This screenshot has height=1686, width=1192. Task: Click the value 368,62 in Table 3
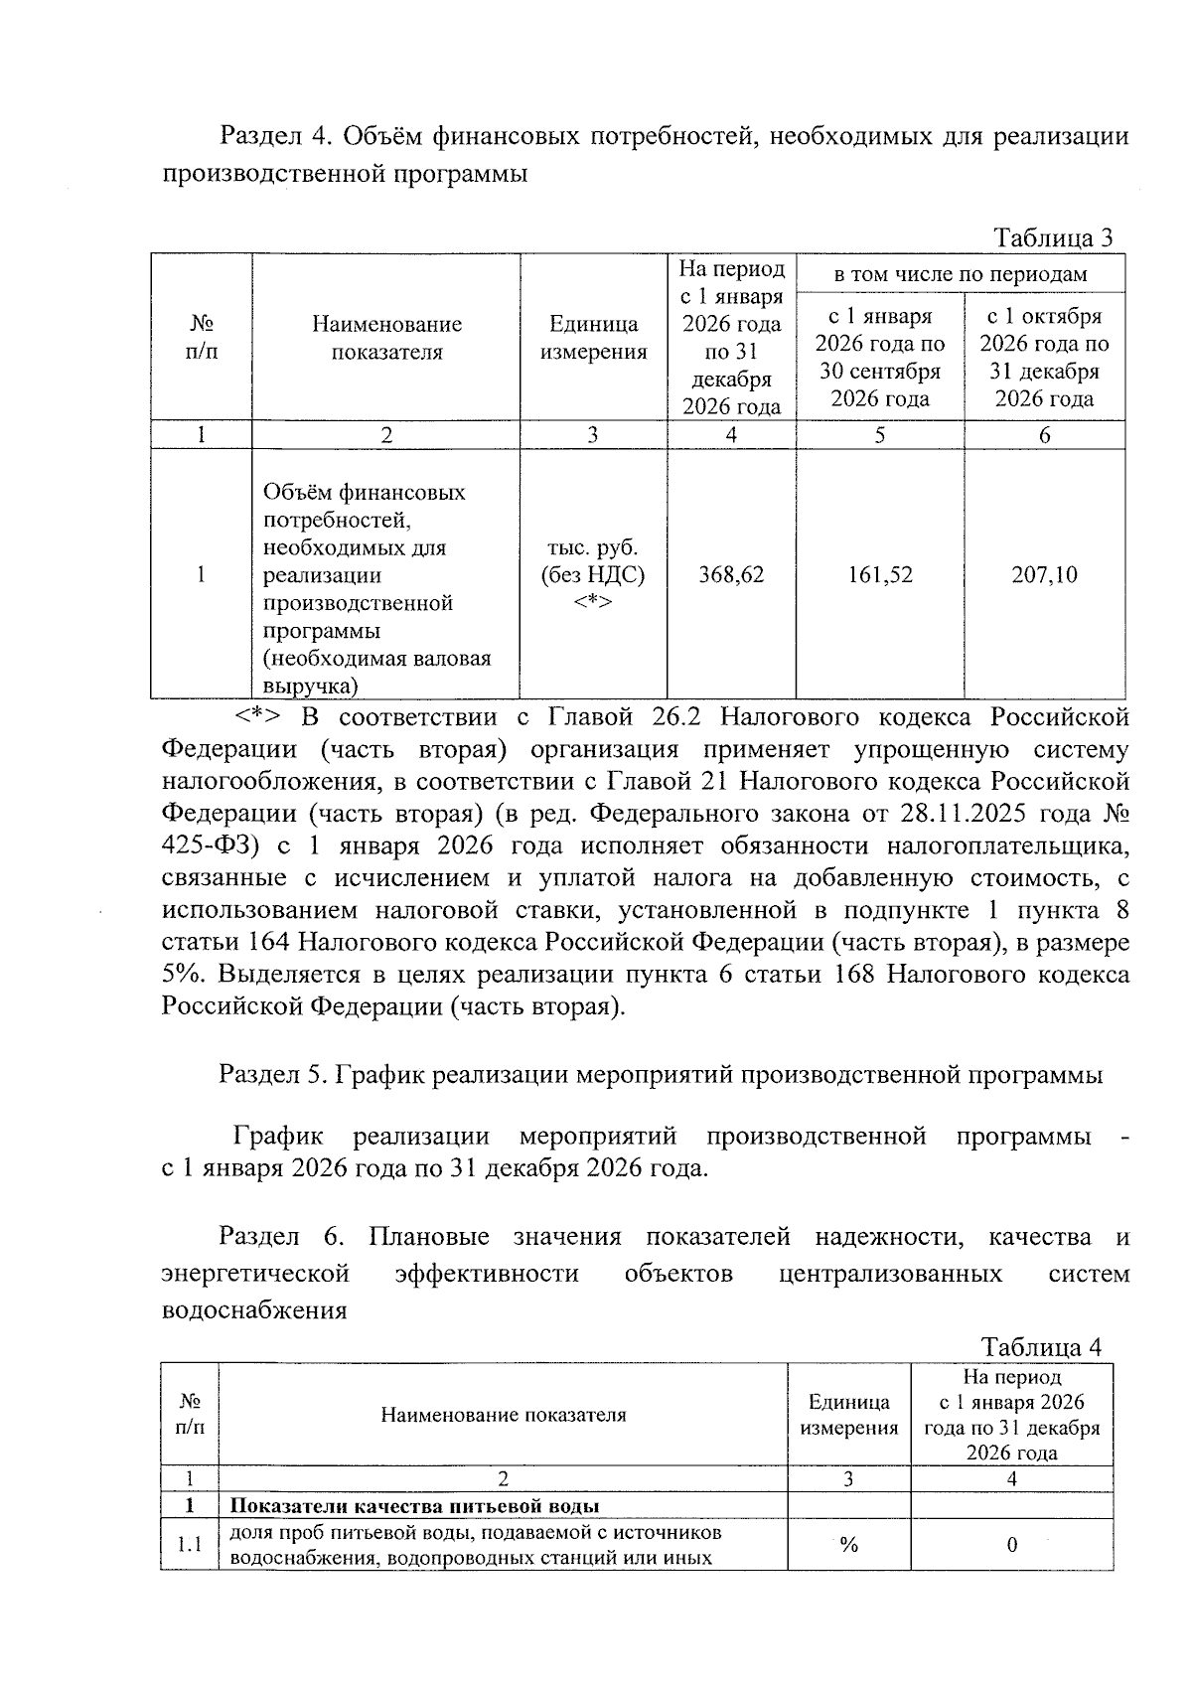pos(731,574)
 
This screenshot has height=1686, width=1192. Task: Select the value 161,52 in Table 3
pos(879,574)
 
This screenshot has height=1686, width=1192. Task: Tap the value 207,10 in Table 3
pos(1044,574)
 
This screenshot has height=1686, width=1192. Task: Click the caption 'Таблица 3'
pos(1053,237)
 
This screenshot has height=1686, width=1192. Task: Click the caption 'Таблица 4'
pos(1041,1347)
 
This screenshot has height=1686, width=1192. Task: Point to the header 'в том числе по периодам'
pos(960,273)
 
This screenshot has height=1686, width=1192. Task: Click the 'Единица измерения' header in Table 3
pos(593,338)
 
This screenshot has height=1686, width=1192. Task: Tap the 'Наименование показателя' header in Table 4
pos(503,1415)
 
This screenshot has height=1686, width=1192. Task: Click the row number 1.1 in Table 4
pos(189,1545)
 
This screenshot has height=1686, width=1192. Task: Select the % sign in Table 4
pos(848,1545)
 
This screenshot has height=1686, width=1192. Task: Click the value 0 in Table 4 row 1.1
pos(1011,1545)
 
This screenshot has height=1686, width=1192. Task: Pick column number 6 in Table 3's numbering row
pos(1044,435)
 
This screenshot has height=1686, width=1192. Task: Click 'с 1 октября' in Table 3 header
pos(1044,316)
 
